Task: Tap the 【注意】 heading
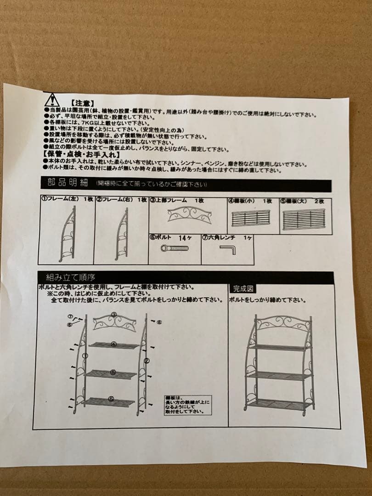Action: pos(83,104)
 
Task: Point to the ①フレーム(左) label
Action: pos(58,200)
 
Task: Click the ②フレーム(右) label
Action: pos(113,200)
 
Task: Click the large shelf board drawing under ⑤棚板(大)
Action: pos(304,219)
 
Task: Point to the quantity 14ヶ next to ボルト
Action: pos(185,238)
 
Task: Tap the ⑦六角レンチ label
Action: pos(219,237)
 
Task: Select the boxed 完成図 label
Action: pos(243,289)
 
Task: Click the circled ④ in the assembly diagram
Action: pos(113,344)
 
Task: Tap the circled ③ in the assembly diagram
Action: pos(114,315)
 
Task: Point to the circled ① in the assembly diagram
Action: pos(84,355)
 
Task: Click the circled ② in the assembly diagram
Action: pos(147,361)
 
